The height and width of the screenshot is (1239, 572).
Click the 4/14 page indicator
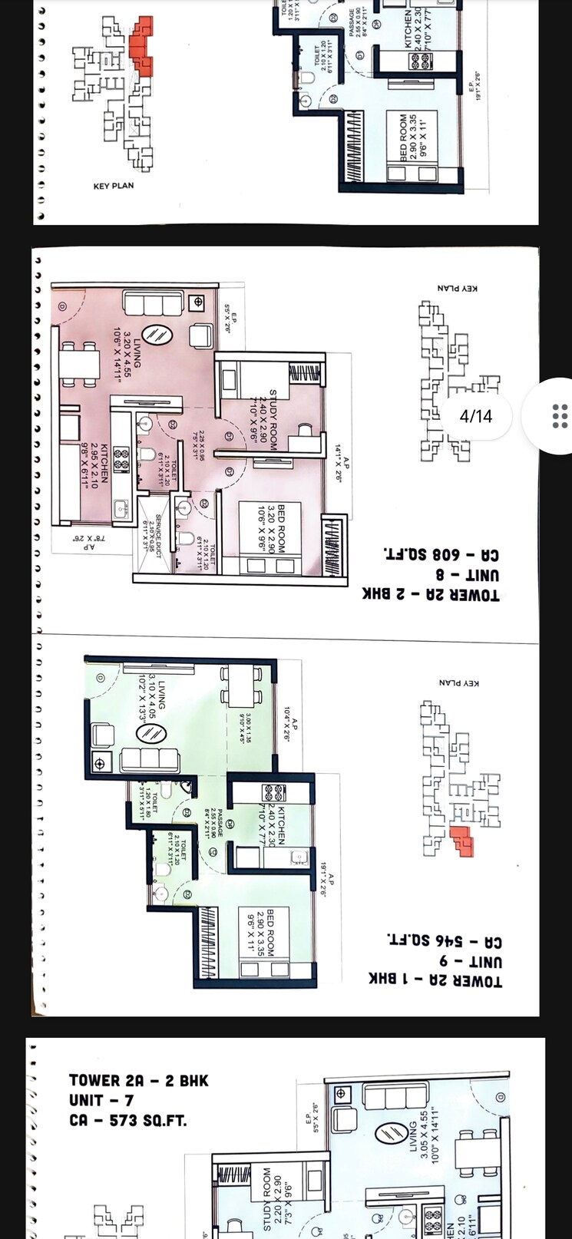pos(475,416)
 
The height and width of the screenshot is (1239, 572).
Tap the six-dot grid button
pos(560,415)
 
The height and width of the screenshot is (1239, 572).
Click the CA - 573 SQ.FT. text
pos(127,1120)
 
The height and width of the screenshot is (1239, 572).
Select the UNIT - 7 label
pos(101,1100)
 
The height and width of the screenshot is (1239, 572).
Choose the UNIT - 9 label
pos(470,961)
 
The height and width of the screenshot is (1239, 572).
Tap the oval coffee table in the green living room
pos(151,734)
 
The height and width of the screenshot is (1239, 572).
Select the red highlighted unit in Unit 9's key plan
pos(462,843)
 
